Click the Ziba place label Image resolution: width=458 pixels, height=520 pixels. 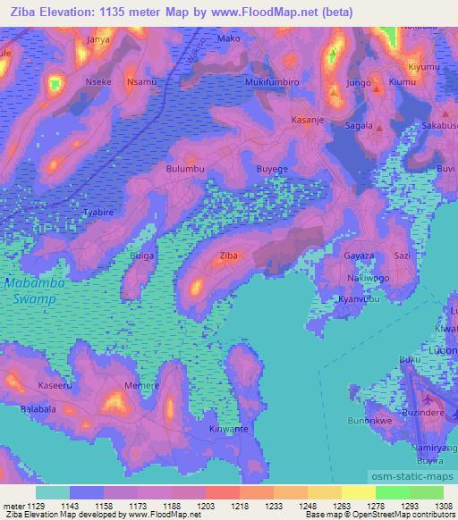[229, 256]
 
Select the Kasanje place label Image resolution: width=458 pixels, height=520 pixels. [308, 118]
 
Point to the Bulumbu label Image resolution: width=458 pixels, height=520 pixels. [185, 168]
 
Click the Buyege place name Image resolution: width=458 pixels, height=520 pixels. [272, 168]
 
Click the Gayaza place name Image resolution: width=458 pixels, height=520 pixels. [359, 256]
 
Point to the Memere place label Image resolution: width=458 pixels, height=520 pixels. [143, 385]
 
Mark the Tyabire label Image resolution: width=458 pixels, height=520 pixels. [98, 213]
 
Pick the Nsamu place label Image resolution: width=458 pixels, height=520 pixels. [141, 81]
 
